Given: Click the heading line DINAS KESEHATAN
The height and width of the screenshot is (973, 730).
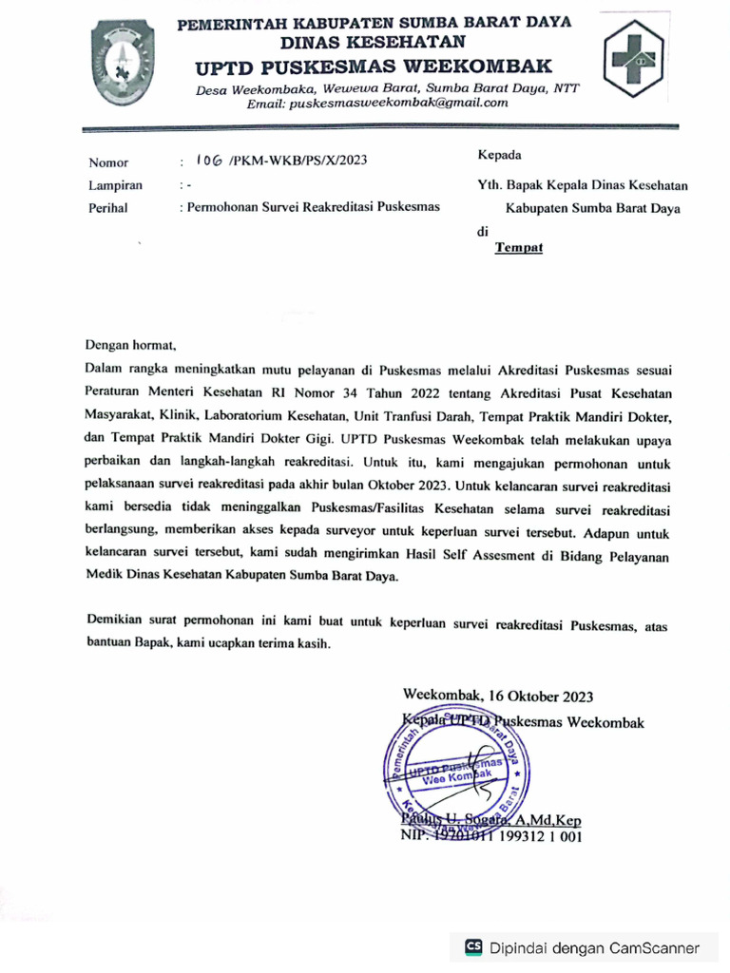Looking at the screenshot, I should (373, 42).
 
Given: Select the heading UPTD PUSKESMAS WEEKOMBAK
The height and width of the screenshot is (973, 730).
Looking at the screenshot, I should (373, 67).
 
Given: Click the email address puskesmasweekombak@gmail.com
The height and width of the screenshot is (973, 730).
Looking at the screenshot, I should (377, 104).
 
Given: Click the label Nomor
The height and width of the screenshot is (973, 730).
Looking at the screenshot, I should (107, 162).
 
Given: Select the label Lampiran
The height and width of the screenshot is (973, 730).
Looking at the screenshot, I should (114, 186).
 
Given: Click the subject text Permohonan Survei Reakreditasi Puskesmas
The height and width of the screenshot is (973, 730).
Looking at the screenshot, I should (313, 207).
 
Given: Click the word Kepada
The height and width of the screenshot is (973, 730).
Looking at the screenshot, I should (498, 155).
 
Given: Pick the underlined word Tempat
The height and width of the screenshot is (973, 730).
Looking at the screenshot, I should (518, 248).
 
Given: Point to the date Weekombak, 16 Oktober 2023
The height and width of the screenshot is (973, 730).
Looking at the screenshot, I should (498, 696).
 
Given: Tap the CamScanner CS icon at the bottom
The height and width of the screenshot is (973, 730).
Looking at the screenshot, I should (473, 947).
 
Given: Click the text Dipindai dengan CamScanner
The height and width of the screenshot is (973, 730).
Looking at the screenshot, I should (594, 947).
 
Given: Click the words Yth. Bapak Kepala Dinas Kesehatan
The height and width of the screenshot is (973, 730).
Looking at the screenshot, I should (582, 186).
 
